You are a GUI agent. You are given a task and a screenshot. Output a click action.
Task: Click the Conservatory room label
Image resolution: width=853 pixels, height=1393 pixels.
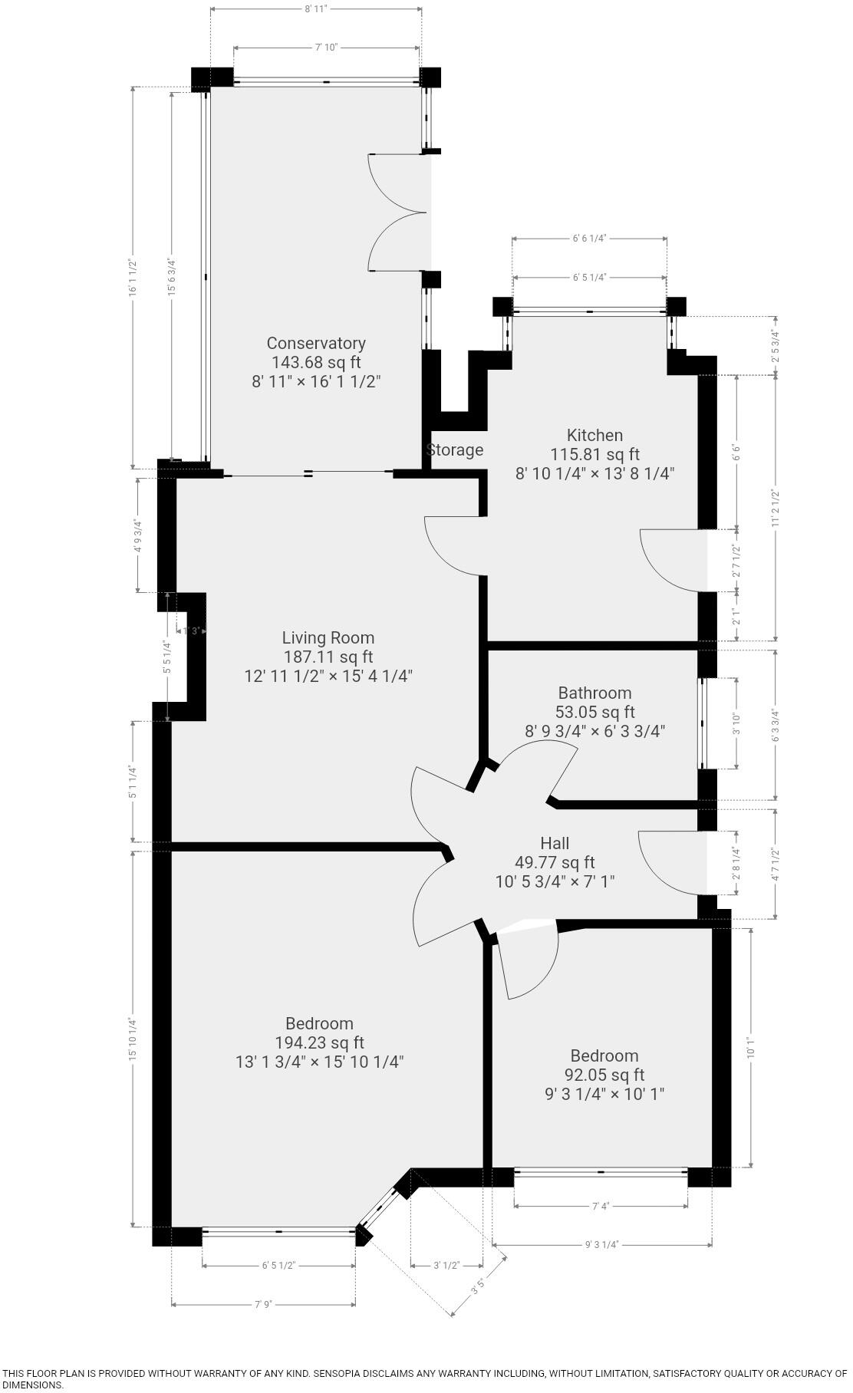point(315,343)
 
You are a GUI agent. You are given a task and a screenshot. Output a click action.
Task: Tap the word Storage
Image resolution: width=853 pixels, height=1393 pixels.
point(455,450)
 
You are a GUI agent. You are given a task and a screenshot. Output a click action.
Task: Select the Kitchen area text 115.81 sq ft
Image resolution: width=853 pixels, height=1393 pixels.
point(594,454)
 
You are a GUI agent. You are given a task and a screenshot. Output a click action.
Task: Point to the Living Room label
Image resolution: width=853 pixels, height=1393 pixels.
point(328,637)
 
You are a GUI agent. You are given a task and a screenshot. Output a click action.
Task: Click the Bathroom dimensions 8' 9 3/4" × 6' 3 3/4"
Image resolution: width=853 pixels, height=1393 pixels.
point(594,731)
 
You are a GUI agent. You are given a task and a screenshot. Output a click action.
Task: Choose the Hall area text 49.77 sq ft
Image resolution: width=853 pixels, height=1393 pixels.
point(555,863)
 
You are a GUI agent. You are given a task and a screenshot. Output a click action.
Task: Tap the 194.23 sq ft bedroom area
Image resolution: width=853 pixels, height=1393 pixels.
point(319,1042)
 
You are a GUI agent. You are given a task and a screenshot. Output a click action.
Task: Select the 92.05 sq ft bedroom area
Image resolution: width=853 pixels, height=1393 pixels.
point(604,1075)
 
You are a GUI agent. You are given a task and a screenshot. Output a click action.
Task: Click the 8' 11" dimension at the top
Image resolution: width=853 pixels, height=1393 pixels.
point(315,9)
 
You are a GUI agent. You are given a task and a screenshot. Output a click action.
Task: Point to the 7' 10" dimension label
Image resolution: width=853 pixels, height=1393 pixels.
point(326,48)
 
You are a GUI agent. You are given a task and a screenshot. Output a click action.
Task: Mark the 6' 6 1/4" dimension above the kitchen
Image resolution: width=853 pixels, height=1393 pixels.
point(589,239)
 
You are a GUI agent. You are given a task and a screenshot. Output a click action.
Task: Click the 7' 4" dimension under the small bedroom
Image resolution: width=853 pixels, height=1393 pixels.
point(600,1207)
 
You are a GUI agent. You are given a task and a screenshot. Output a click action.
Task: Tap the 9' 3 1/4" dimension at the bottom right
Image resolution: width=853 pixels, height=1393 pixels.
point(601,1245)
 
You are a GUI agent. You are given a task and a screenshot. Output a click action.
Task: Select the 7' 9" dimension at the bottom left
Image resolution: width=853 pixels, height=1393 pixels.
point(263,1304)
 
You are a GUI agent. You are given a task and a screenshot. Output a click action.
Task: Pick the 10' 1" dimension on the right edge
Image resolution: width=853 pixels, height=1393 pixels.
point(751,1048)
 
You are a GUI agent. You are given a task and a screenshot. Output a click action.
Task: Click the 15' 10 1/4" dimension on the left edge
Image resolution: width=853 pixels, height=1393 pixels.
point(133,1039)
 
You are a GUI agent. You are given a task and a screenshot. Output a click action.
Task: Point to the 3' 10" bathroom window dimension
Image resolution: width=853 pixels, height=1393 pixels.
point(736,723)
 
